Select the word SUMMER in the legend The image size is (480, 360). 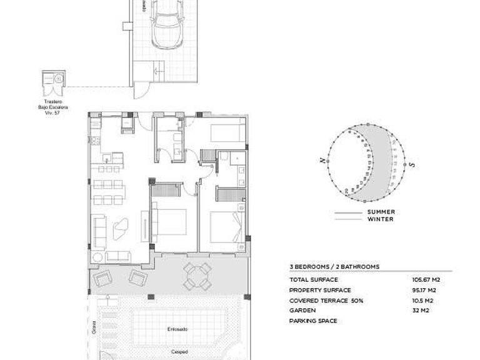point(380,212)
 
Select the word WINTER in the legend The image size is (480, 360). point(380,219)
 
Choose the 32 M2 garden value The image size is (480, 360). point(419,310)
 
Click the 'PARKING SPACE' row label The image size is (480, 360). point(314,321)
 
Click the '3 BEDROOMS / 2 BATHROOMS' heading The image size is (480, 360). point(334,267)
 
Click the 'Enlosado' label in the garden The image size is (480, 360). point(175,328)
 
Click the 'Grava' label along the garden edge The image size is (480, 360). point(93,327)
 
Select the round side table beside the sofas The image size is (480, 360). point(97,257)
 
